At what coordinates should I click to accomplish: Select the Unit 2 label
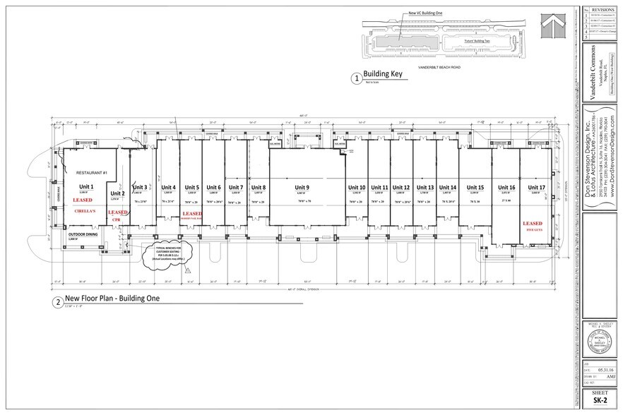tap(117, 193)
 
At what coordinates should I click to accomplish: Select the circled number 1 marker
tap(356, 79)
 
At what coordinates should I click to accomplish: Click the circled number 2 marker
tap(58, 303)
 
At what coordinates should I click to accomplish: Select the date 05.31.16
tap(603, 367)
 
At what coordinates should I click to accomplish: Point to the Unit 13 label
tap(425, 187)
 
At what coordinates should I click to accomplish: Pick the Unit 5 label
tap(191, 187)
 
